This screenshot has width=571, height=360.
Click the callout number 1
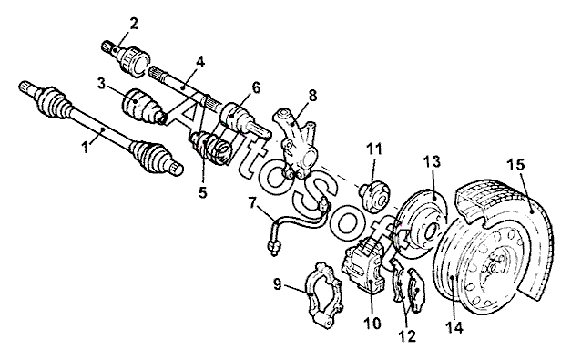point(85,148)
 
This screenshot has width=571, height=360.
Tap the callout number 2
point(134,24)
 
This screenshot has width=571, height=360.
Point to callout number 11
point(374,149)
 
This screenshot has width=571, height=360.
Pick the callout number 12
point(407,335)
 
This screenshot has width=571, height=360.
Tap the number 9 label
point(278,283)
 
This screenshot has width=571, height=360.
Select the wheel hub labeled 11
point(374,196)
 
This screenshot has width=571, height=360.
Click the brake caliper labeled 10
point(363,264)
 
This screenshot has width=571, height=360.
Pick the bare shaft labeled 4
point(182,87)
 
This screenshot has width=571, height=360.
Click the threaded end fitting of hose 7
point(274,247)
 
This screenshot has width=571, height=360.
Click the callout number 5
point(202,191)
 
